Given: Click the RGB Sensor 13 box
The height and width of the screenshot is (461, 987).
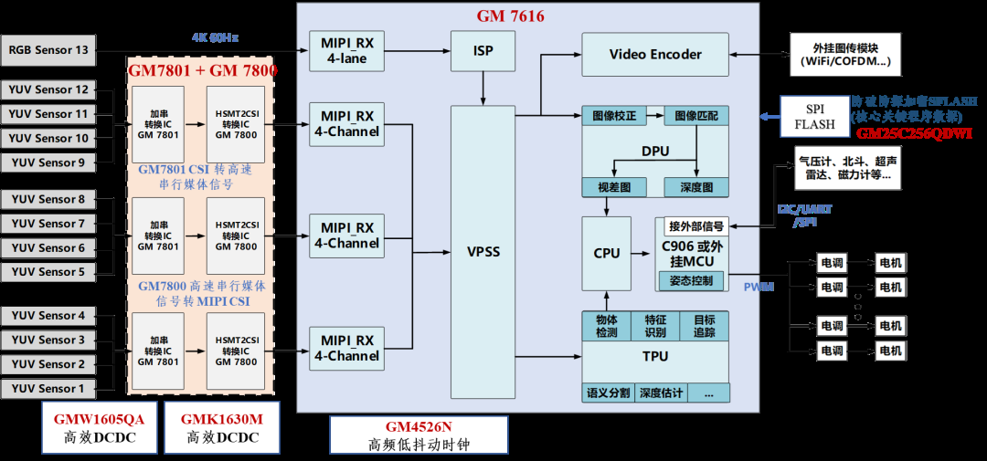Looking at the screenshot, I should pos(48,49).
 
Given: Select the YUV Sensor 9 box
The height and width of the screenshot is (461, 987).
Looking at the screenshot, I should pos(48,162).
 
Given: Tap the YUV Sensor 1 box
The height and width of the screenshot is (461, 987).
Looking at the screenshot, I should pos(48,388).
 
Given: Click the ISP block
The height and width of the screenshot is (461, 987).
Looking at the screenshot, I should pos(483,51).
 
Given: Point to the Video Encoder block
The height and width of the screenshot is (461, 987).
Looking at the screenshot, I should pos(655,55).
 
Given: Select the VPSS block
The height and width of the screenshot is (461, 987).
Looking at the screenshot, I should pos(483,251).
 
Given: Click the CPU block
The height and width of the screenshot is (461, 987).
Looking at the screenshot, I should pos(606,253).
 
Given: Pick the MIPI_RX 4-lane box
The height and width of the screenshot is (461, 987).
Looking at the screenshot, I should pos(346,51).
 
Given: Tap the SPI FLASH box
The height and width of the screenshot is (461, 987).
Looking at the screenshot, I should pos(814,116).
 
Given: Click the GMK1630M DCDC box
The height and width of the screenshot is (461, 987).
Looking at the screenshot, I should pos(220,427).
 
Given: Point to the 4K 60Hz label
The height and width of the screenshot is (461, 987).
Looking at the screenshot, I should pos(216,37).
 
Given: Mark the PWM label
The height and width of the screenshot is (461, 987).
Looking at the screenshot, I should pos(759,287).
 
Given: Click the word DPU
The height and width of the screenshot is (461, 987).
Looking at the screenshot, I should pos(654,151).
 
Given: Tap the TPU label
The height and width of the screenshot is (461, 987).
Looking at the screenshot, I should pos(654,357).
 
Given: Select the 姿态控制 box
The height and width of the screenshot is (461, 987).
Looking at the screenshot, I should pos(691,280).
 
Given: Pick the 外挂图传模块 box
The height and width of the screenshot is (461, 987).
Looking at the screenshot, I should pos(844,55).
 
